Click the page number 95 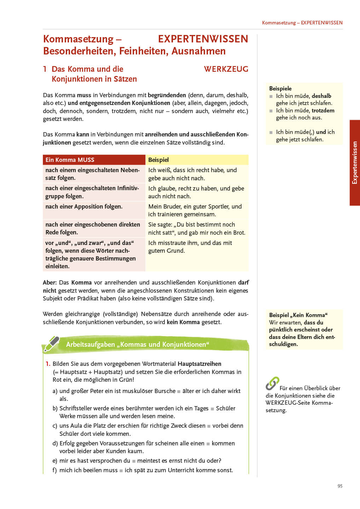[x=340, y=486]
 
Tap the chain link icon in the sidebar [x=272, y=384]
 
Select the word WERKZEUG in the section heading [x=226, y=69]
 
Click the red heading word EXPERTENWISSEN [x=203, y=39]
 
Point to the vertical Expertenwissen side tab [x=355, y=163]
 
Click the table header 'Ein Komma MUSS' [x=70, y=160]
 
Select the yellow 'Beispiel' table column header [x=158, y=160]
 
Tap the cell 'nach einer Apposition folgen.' [x=84, y=206]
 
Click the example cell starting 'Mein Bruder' [x=195, y=210]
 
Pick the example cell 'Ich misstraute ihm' [x=190, y=247]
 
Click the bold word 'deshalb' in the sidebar [x=321, y=96]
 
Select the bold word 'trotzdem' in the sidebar [x=323, y=110]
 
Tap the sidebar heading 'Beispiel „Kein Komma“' [x=298, y=315]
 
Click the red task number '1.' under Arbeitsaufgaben [x=48, y=364]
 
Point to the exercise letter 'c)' [x=55, y=426]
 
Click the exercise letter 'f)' [x=54, y=470]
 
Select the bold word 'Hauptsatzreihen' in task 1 [x=199, y=364]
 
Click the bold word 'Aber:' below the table [x=50, y=282]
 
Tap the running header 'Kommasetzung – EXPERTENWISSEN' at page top [x=302, y=23]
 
